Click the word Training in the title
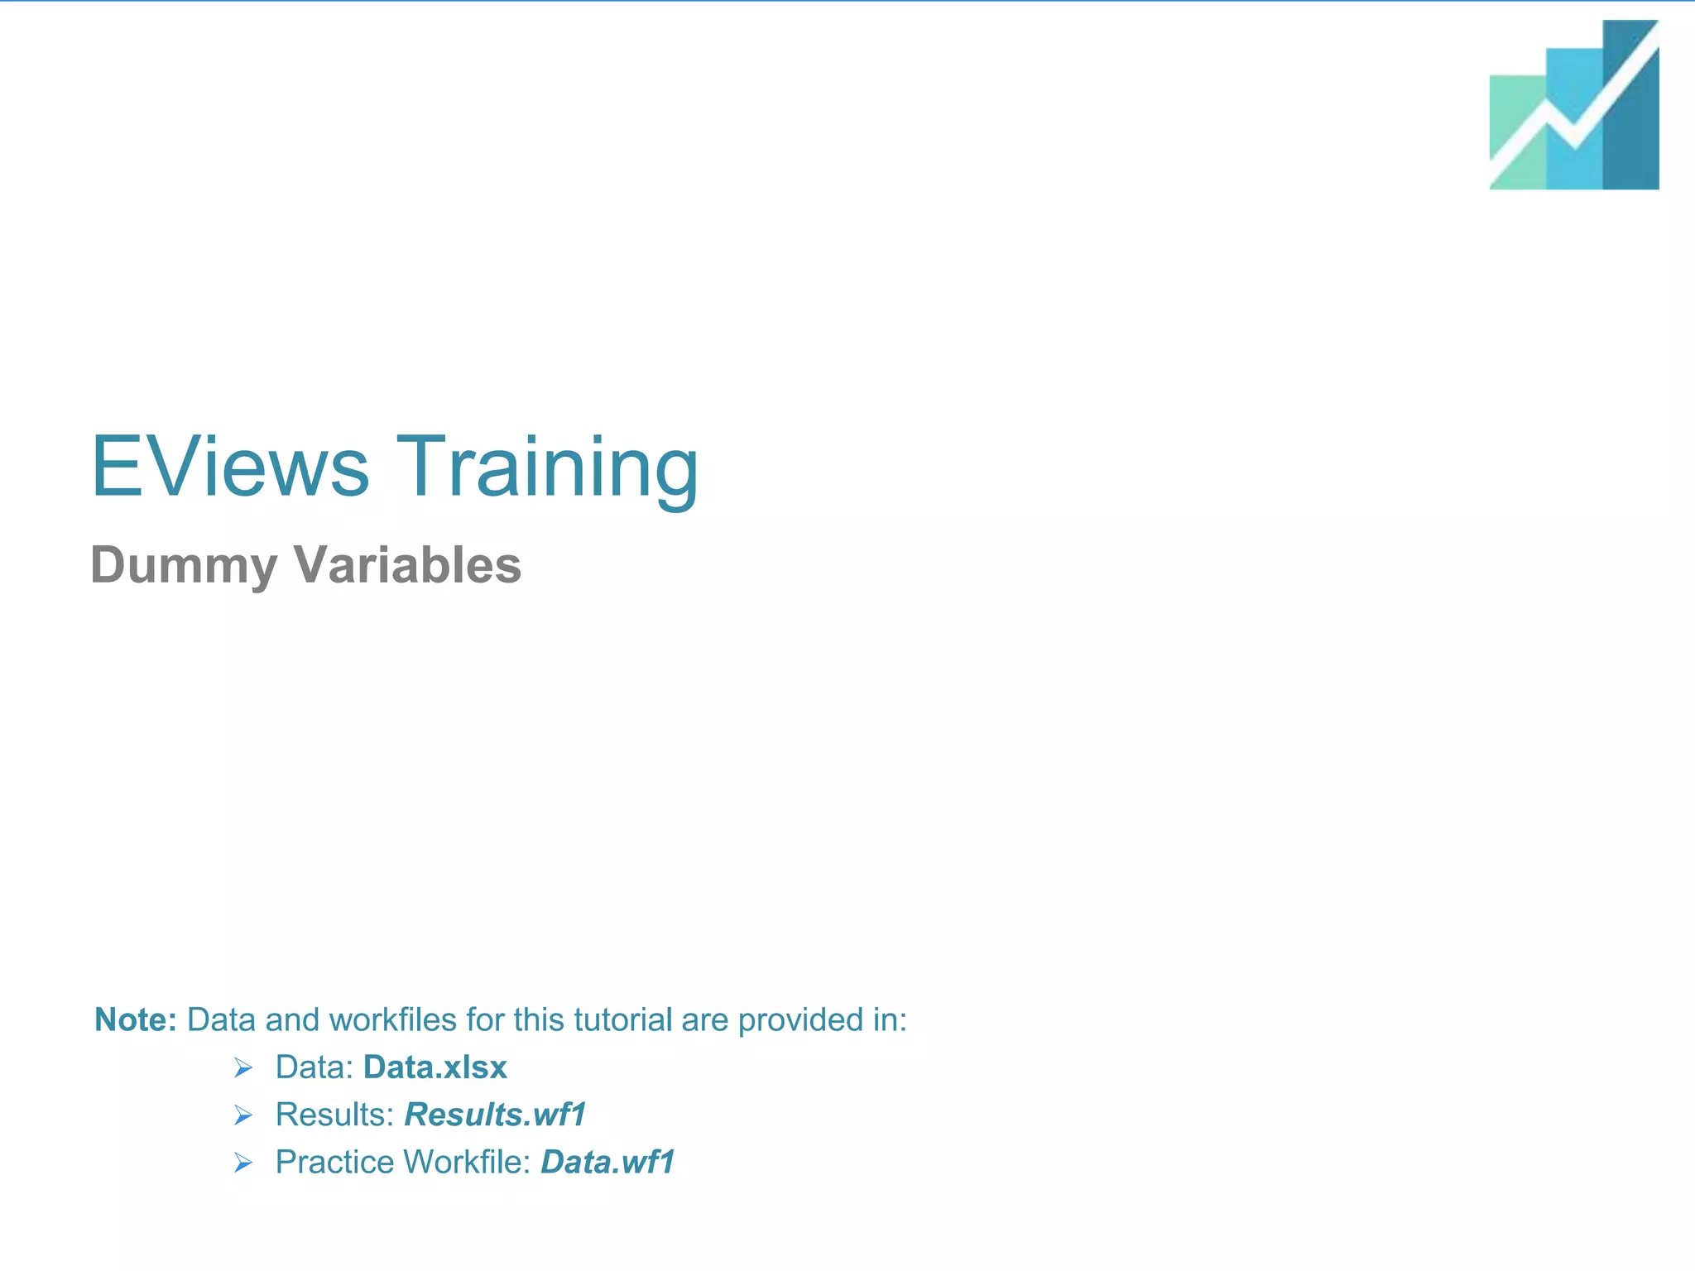pyautogui.click(x=547, y=468)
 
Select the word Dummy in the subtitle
pyautogui.click(x=183, y=566)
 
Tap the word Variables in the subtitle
pyautogui.click(x=407, y=564)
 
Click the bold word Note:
pyautogui.click(x=136, y=1019)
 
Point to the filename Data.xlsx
pyautogui.click(x=435, y=1067)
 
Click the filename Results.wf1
pyautogui.click(x=495, y=1115)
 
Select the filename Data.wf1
pyautogui.click(x=607, y=1162)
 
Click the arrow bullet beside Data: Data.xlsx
pyautogui.click(x=242, y=1068)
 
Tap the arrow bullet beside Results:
pyautogui.click(x=242, y=1115)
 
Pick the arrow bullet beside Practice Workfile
pyautogui.click(x=242, y=1163)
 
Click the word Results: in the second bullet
pyautogui.click(x=334, y=1115)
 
